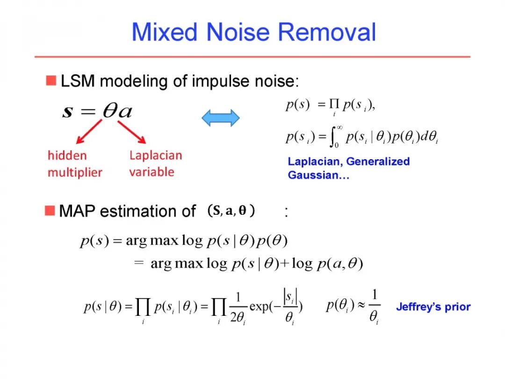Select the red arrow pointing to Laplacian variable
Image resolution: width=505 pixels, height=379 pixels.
(x=132, y=131)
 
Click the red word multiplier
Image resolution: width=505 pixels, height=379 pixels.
(x=75, y=172)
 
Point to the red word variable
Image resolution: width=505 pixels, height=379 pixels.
(x=151, y=172)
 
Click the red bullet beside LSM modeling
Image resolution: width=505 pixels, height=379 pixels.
(x=50, y=80)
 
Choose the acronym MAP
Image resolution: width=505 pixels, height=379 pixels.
(x=77, y=211)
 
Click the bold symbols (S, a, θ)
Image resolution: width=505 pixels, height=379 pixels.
(x=231, y=211)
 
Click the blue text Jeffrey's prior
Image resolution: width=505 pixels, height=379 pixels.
(x=433, y=307)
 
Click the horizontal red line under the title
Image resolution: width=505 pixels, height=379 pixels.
(x=252, y=57)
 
